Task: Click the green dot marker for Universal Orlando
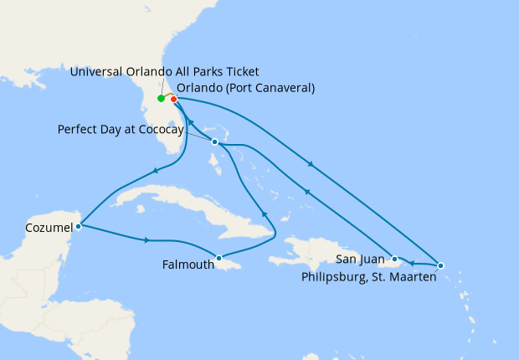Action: [x=161, y=99]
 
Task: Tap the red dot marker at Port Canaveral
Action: [x=174, y=100]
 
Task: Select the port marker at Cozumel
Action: [x=78, y=225]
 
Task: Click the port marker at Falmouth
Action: [x=218, y=258]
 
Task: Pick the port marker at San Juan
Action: [x=393, y=259]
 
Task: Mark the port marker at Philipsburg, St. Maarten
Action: [x=441, y=265]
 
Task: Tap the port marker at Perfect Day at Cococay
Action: [x=215, y=142]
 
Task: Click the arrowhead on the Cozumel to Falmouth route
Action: [x=148, y=241]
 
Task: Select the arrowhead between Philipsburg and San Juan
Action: [x=411, y=263]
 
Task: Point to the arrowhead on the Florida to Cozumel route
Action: [x=156, y=172]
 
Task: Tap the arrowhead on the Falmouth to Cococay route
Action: [x=264, y=213]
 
